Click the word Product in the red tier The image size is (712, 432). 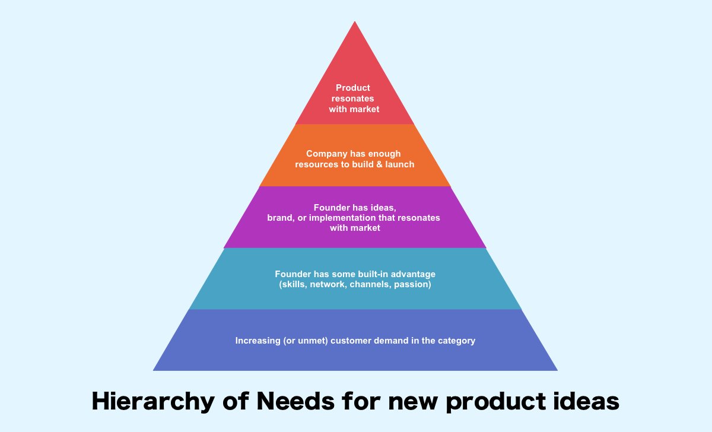point(353,88)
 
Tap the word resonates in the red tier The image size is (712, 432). point(353,99)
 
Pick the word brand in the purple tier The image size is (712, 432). point(280,218)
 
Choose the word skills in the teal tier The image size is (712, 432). point(293,285)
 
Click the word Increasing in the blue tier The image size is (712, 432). point(257,341)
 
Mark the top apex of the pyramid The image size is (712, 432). point(355,23)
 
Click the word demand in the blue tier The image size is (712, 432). point(389,341)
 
